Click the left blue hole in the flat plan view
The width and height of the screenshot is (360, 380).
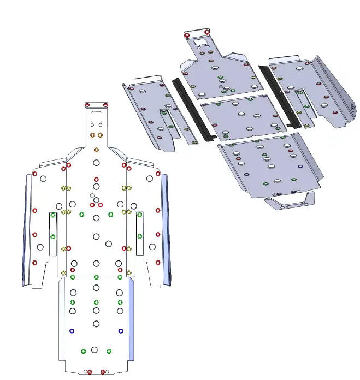[72, 331]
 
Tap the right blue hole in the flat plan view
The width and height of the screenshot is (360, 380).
[121, 331]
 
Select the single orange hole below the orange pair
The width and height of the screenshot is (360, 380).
[96, 150]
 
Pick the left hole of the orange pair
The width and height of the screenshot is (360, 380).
[92, 134]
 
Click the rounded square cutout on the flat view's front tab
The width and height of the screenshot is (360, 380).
[96, 117]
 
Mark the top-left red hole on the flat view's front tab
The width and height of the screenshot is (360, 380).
[87, 105]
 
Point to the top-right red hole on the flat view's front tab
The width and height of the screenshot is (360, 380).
[105, 105]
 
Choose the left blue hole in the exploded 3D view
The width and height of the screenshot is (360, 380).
[246, 174]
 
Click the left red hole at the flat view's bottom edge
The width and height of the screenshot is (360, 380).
[90, 372]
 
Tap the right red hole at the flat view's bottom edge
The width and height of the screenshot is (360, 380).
[103, 372]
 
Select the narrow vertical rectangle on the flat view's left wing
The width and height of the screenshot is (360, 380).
[52, 234]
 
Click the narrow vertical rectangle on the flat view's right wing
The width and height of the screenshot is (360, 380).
[139, 234]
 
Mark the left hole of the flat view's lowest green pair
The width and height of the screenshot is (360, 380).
[84, 351]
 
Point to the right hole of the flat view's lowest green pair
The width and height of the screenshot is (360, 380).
[109, 351]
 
